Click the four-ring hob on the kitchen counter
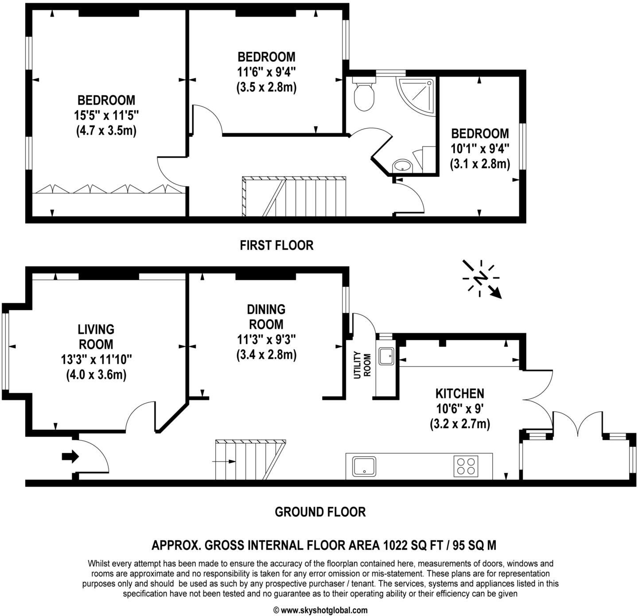(466, 466)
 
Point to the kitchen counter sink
(364, 466)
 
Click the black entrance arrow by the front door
(70, 456)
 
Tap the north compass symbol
(481, 278)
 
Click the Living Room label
(96, 337)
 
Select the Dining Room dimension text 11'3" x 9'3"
(266, 340)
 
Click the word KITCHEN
(459, 393)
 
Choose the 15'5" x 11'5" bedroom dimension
(106, 115)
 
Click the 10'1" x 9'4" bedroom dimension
(480, 149)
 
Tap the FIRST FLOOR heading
(276, 245)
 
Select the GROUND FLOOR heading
(320, 512)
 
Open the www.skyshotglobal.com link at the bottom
(324, 610)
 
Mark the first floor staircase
(293, 196)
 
